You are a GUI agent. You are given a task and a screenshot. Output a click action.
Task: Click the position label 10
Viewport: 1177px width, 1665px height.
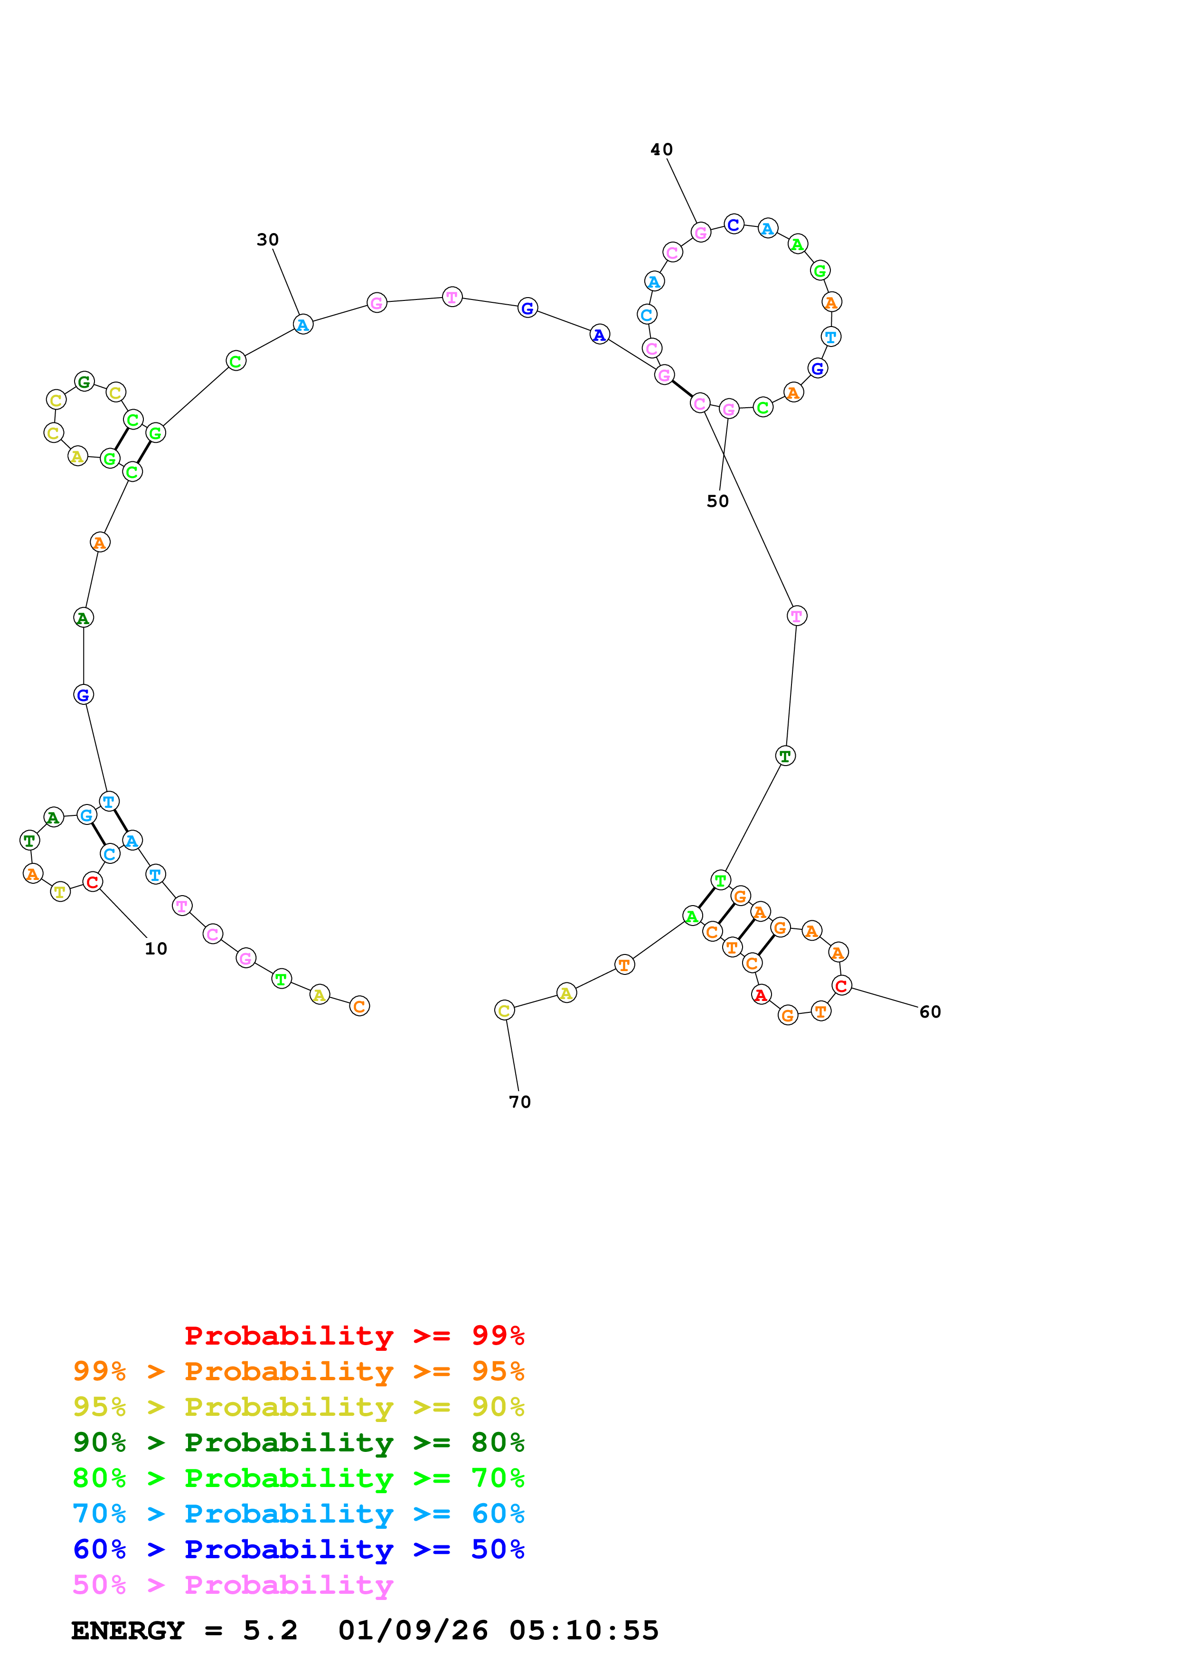coord(156,948)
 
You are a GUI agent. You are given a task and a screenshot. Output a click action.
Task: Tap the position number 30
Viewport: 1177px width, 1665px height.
coord(268,240)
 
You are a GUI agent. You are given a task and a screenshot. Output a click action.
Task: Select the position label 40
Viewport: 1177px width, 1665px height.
coord(661,150)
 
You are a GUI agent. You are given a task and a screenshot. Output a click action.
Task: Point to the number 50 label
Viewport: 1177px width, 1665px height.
coord(717,502)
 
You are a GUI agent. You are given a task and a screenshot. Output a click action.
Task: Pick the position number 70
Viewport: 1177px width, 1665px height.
coord(519,1102)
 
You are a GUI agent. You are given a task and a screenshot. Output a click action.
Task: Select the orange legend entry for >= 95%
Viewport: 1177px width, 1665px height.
coord(298,1371)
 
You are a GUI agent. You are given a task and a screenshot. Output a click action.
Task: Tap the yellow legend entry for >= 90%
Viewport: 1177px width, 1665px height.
coord(298,1407)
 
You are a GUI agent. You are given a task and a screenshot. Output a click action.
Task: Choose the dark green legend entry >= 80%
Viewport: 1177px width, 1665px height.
coord(298,1442)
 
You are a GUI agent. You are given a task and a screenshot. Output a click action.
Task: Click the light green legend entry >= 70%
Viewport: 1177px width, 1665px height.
coord(298,1478)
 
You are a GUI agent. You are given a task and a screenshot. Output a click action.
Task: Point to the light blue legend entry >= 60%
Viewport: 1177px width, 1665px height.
coord(298,1514)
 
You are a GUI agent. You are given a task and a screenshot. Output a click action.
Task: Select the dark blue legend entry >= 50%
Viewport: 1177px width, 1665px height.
coord(298,1549)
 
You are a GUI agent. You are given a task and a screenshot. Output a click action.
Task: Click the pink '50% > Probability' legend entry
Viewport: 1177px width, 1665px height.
coord(232,1584)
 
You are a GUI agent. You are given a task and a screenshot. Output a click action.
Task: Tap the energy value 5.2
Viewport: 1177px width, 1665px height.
coord(270,1631)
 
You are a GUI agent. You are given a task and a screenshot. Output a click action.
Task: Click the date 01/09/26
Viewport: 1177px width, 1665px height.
coord(413,1631)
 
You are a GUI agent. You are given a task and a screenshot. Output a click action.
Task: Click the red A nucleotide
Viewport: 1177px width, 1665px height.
coord(760,995)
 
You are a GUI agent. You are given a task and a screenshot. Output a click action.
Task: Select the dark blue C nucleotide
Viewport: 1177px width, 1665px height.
coord(734,225)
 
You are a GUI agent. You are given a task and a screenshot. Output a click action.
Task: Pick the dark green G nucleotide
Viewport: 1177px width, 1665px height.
coord(85,382)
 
